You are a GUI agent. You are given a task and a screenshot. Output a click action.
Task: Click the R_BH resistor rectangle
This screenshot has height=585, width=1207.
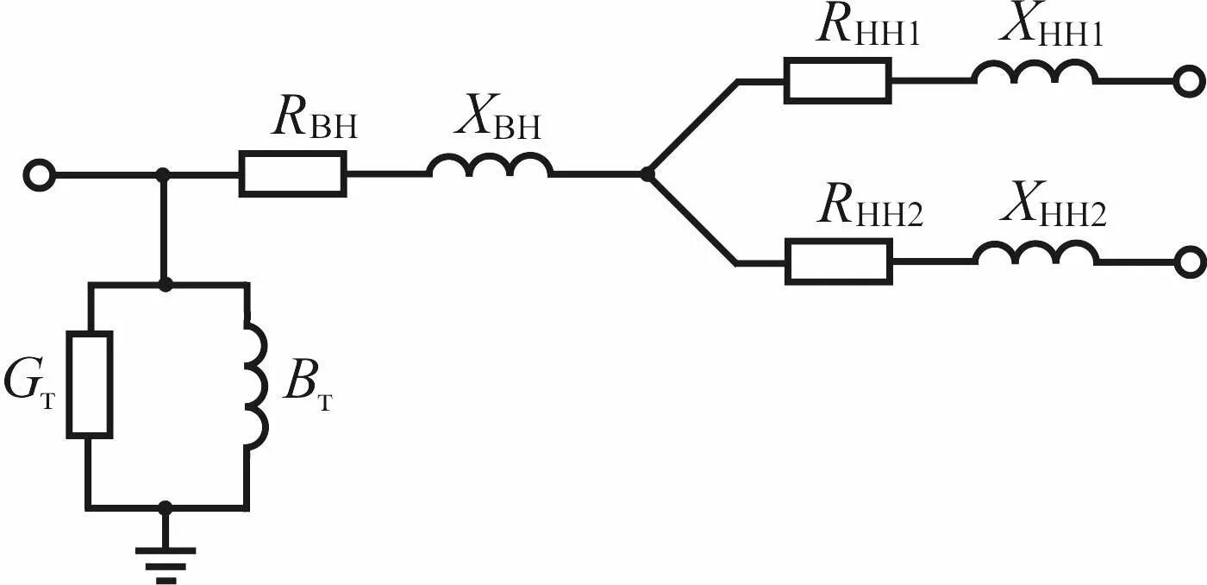(293, 173)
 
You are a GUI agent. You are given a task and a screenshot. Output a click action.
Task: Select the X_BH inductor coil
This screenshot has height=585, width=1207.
(491, 167)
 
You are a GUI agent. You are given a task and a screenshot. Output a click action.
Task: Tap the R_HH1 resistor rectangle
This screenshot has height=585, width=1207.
(836, 80)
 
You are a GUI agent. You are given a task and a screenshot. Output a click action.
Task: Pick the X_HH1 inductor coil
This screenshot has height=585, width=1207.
(1035, 74)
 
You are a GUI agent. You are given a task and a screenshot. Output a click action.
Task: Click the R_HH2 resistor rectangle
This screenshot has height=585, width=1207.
(838, 261)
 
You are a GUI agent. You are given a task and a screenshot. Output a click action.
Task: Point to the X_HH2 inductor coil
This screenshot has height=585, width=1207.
(1035, 254)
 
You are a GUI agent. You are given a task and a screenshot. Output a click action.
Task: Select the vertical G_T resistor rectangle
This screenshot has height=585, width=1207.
(90, 383)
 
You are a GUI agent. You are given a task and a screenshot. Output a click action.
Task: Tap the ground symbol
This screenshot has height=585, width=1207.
(166, 561)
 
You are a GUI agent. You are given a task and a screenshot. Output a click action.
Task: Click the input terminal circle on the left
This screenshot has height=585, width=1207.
(39, 176)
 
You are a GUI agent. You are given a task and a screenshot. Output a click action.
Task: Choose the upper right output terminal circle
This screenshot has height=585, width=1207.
(1189, 82)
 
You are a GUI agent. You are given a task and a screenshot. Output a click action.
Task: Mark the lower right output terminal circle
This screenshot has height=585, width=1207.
(1191, 261)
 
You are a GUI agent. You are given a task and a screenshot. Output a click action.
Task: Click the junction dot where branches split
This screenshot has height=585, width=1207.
(647, 173)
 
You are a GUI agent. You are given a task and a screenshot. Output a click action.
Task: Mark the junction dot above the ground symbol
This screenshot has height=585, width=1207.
(166, 508)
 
